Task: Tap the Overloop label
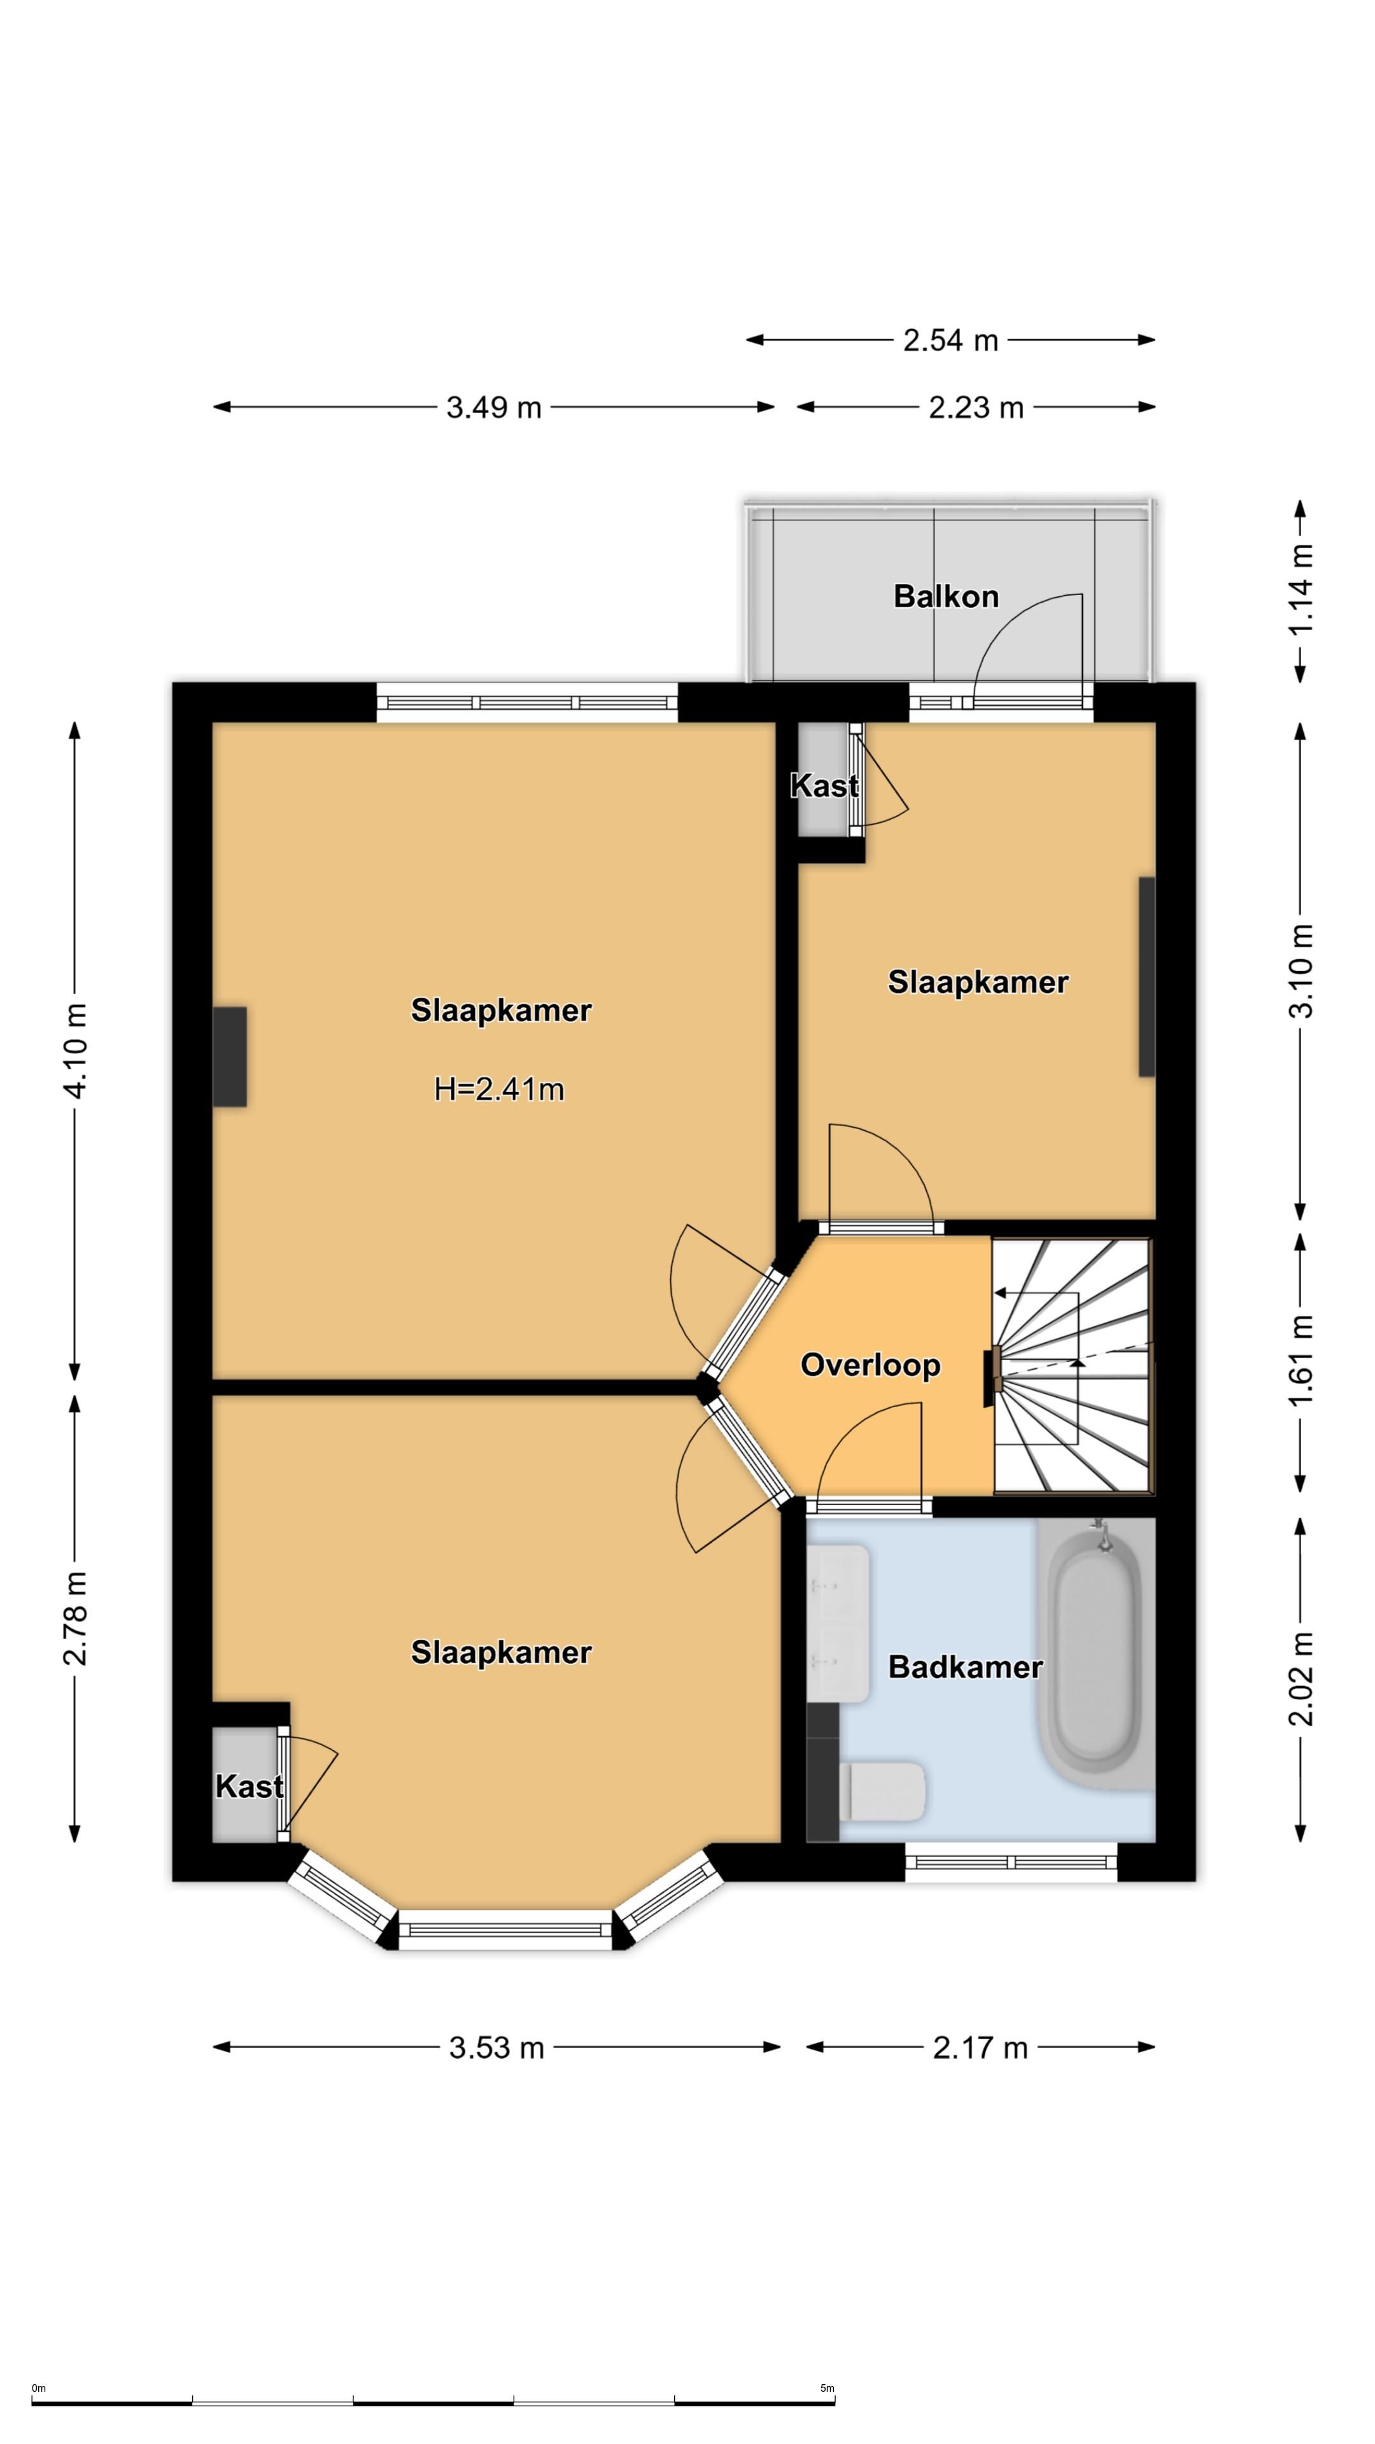pos(870,1365)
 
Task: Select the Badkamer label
pos(965,1667)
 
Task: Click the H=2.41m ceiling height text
pos(499,1088)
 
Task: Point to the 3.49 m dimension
pos(493,407)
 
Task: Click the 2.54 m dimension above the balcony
pos(950,340)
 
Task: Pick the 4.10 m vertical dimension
pos(75,1050)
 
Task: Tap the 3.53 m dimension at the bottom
pos(497,2047)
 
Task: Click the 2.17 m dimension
pos(980,2047)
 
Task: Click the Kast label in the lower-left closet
pos(250,1787)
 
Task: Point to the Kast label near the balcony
pos(824,785)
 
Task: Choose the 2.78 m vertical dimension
pos(75,1619)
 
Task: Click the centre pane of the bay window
pos(505,1930)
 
